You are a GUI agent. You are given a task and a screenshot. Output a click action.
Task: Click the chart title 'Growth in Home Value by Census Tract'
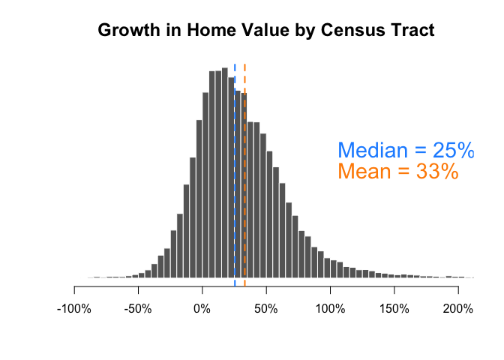point(266,30)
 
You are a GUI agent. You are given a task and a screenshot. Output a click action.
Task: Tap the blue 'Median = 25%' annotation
point(406,150)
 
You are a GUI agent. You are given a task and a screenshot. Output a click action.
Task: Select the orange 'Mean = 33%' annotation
point(398,171)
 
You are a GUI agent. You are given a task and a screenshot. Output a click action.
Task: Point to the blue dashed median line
point(235,175)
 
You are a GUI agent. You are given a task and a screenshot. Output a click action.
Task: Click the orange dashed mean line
point(245,175)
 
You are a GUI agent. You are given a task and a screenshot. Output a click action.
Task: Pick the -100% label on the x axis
point(74,309)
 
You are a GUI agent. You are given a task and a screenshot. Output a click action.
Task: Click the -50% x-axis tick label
point(138,309)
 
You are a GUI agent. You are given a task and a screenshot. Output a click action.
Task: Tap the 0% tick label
point(202,309)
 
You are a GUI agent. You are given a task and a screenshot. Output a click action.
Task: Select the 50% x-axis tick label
point(266,309)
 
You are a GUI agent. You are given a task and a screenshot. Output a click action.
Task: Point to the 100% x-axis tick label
point(330,309)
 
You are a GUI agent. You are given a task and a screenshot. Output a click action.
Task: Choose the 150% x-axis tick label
point(394,309)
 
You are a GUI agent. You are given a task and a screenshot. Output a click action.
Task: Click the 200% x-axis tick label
point(458,309)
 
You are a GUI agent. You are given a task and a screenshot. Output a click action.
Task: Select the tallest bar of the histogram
point(225,172)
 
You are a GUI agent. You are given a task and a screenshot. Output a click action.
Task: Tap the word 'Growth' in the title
point(129,30)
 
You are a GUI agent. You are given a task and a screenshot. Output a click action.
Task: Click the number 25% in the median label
point(453,150)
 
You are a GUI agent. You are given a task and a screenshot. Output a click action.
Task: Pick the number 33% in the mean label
point(437,171)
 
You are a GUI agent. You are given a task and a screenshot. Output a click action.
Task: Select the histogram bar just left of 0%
point(199,199)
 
